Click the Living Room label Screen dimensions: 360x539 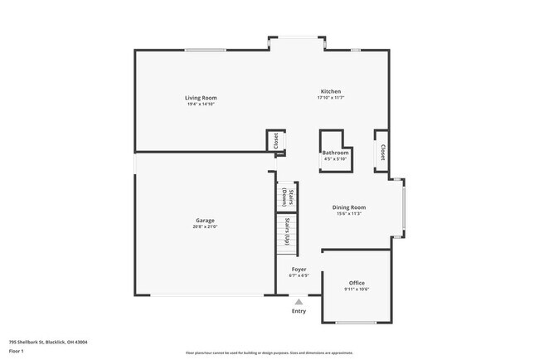tap(201, 98)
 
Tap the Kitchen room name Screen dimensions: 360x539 tap(331, 91)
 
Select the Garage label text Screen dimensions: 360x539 tap(205, 220)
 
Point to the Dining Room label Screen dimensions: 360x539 tap(349, 207)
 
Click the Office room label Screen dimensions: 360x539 tap(357, 283)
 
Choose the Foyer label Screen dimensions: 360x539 tap(299, 270)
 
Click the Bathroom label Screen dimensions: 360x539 tap(335, 153)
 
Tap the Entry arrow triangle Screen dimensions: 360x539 tap(299, 302)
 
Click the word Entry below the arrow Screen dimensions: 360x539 tap(299, 311)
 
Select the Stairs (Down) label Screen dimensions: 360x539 tap(284, 197)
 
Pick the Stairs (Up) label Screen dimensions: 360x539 tap(285, 231)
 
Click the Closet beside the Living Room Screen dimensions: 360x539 tap(275, 141)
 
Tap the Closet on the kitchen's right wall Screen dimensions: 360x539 tap(382, 152)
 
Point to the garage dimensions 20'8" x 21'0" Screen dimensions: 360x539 tap(205, 226)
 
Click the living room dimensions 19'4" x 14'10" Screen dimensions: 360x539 tap(201, 105)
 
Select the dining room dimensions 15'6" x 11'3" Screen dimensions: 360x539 tap(349, 214)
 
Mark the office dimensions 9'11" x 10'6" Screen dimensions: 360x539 tap(357, 289)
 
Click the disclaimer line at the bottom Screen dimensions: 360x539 tap(269, 353)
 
